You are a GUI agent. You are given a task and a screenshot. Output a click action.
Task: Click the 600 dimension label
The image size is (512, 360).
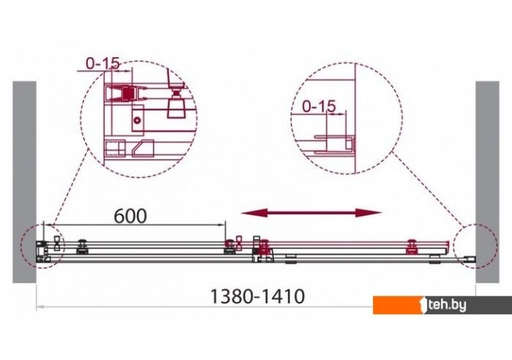tap(130, 216)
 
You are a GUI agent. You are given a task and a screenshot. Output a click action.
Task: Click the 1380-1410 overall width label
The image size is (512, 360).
tap(258, 297)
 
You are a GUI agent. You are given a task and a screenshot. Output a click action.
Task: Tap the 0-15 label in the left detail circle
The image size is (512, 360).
tap(103, 63)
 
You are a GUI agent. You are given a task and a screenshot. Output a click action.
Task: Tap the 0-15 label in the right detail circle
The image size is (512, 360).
tap(319, 106)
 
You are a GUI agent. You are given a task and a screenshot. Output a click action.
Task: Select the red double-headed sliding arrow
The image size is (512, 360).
tap(311, 213)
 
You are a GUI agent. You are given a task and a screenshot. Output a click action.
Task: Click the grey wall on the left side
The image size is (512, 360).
tap(24, 182)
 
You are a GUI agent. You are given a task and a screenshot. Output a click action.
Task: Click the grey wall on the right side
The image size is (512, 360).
tap(488, 182)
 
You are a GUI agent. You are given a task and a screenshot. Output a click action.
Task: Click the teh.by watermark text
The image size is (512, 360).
tap(447, 306)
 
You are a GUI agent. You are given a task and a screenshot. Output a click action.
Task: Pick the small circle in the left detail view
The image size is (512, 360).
tap(138, 120)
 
